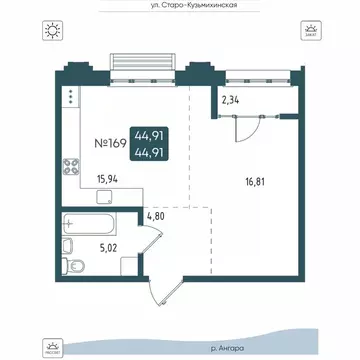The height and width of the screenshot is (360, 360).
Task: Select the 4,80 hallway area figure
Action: (155, 213)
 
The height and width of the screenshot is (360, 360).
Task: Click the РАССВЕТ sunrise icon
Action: (50, 346)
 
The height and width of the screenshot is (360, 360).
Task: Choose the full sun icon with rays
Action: (51, 30)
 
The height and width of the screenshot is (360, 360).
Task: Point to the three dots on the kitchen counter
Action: (73, 99)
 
